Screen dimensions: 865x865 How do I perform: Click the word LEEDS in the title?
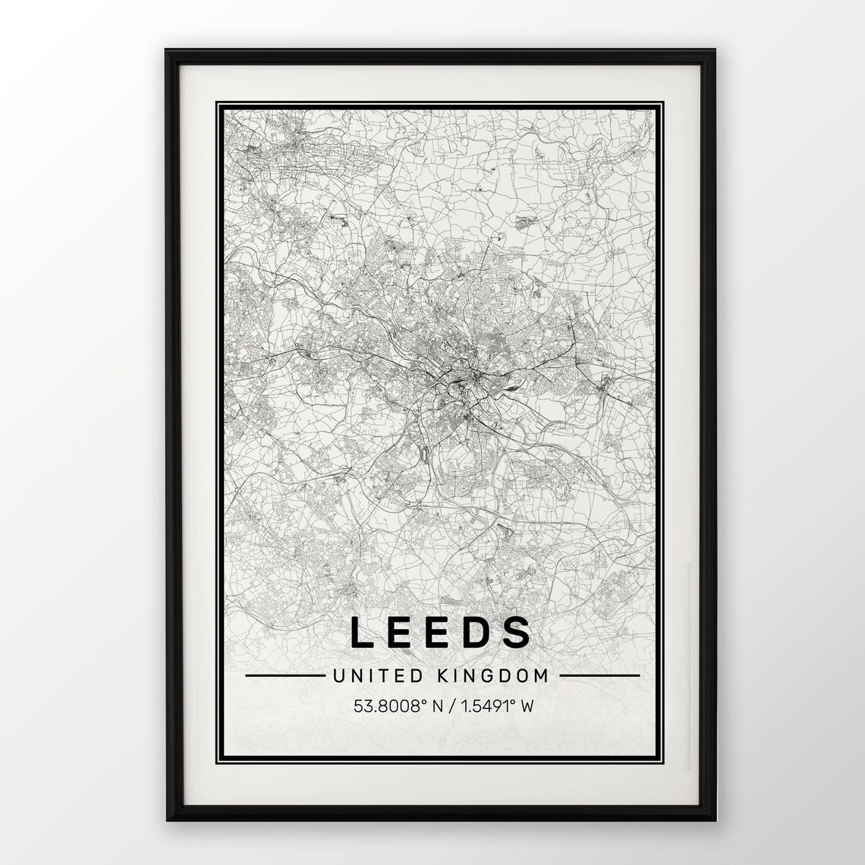(440, 632)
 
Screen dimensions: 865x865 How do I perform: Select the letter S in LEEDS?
(518, 632)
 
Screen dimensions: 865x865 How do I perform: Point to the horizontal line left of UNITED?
(281, 675)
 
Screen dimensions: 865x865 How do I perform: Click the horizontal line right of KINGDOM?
(599, 675)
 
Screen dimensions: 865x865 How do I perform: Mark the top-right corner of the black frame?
(712, 52)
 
